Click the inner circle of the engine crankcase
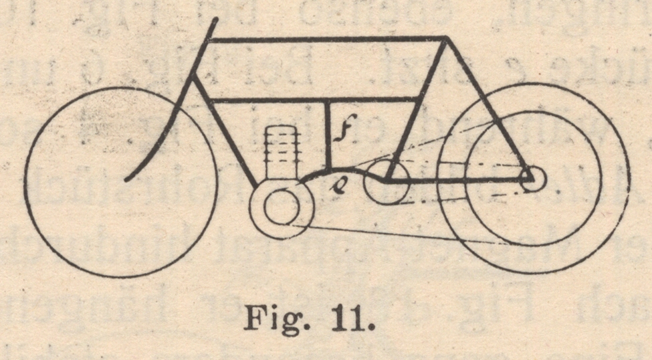(x=280, y=207)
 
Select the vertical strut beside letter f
(x=328, y=134)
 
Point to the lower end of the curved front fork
(x=127, y=179)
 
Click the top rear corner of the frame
(x=445, y=39)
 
